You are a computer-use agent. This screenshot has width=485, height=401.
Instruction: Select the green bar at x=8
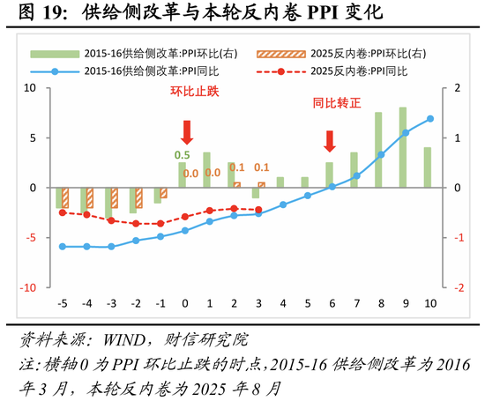pos(378,150)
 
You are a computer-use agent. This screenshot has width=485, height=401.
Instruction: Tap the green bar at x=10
pos(427,167)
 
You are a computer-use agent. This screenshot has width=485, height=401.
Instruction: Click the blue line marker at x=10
pos(430,118)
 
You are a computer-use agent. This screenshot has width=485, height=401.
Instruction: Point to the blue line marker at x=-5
pos(62,247)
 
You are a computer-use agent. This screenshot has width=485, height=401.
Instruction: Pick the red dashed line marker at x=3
pos(258,210)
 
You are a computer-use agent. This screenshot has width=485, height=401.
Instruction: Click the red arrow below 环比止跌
pos(186,132)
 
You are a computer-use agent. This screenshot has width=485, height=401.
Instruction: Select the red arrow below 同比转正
pos(331,141)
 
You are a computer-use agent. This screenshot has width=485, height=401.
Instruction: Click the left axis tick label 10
pos(29,88)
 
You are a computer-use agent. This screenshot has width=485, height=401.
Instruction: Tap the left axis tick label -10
pos(27,287)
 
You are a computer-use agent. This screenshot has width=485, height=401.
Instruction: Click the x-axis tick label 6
pos(332,304)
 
